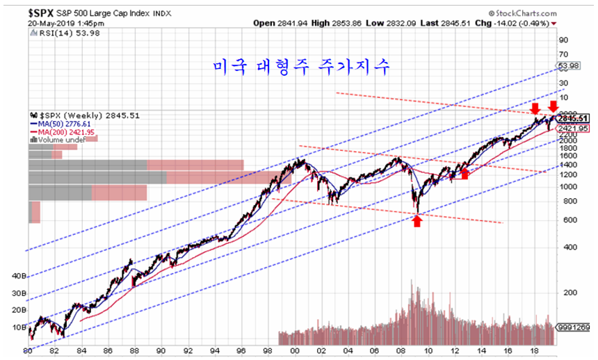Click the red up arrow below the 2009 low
[417, 221]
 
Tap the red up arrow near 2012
[464, 172]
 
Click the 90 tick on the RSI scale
[564, 40]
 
